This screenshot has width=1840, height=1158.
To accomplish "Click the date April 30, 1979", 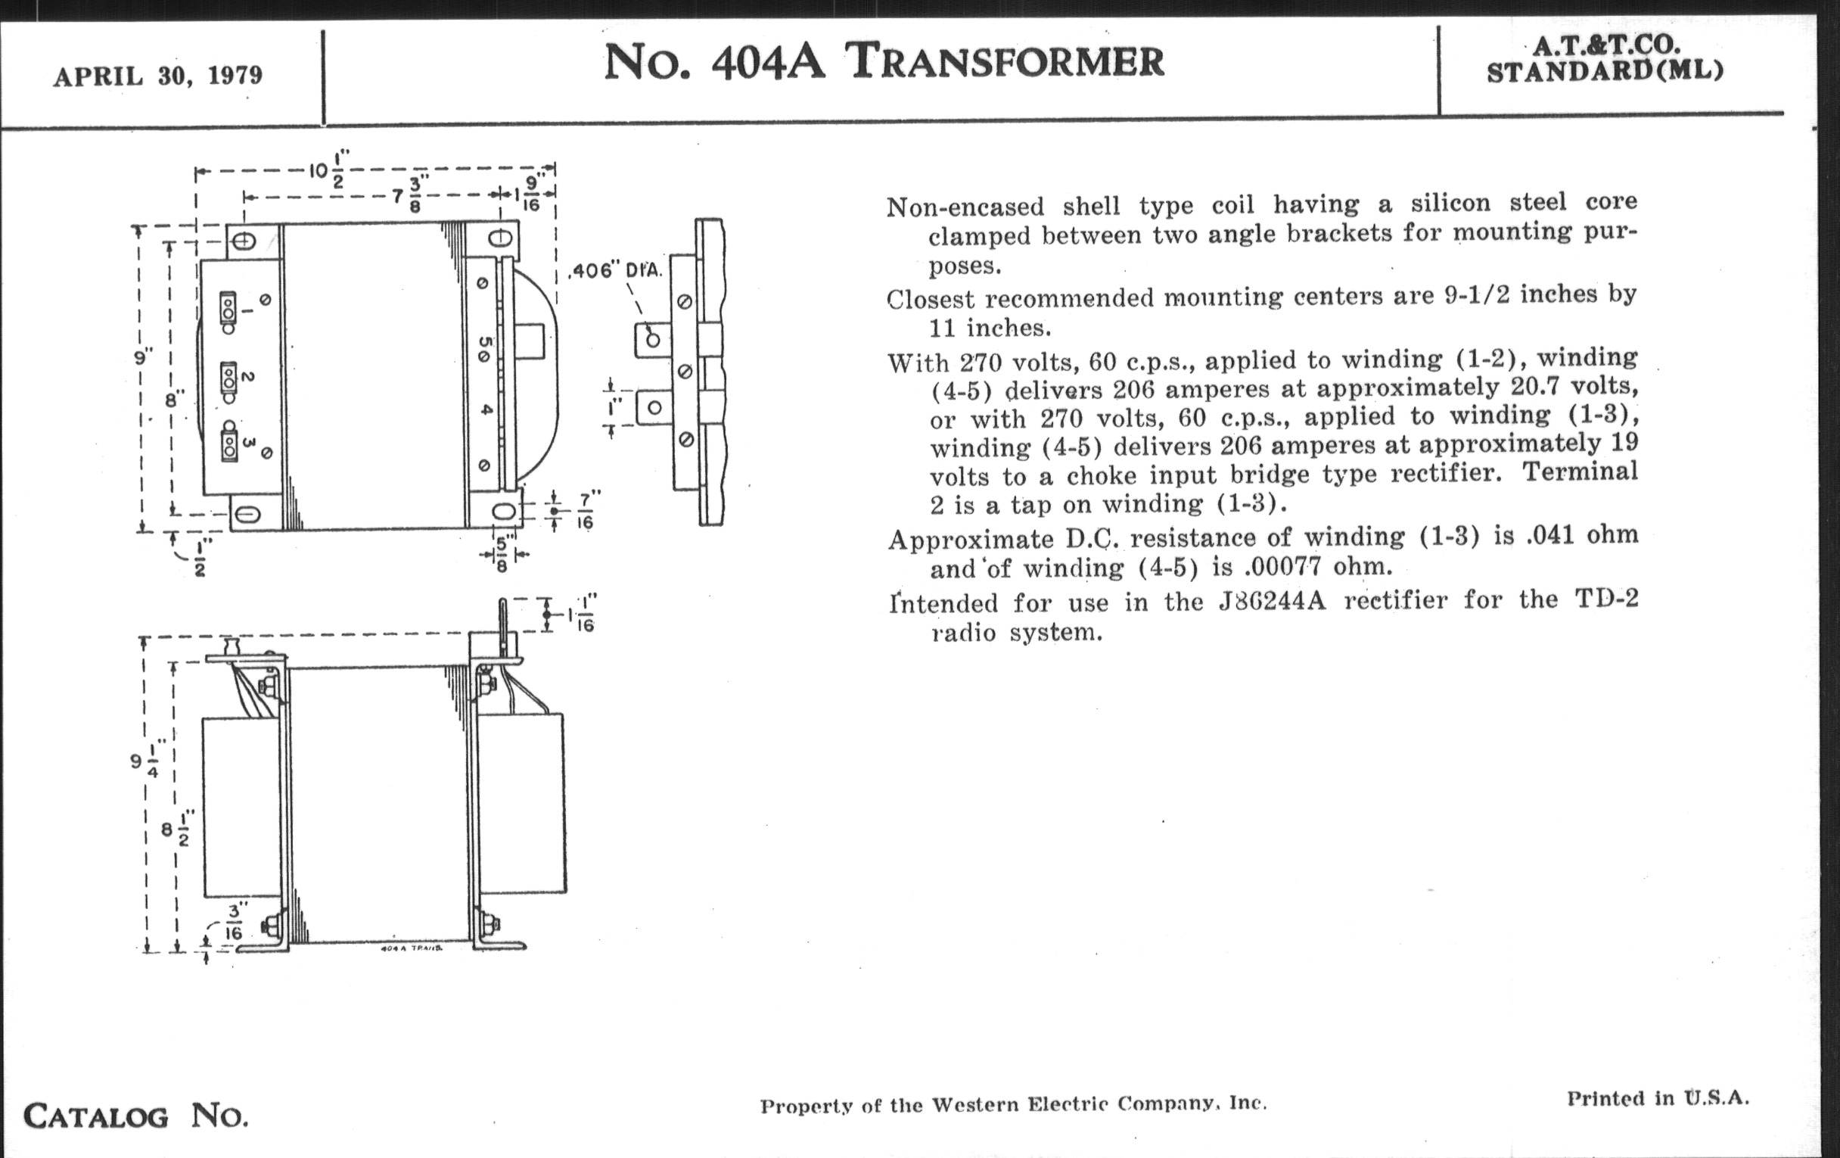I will pyautogui.click(x=157, y=76).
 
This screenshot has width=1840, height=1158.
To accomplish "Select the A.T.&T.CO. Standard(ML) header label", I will pyautogui.click(x=1605, y=59).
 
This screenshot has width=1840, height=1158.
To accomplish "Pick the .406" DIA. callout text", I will pyautogui.click(x=617, y=271).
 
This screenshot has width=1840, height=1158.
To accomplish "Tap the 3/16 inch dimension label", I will pyautogui.click(x=233, y=923).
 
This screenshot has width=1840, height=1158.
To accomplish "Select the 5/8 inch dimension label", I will pyautogui.click(x=502, y=555).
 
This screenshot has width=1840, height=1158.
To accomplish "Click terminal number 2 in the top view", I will pyautogui.click(x=247, y=377).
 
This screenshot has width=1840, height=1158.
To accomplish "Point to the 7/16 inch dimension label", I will pyautogui.click(x=585, y=511).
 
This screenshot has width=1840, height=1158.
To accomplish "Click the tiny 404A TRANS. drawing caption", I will pyautogui.click(x=412, y=948).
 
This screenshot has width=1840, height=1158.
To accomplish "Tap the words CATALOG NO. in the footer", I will pyautogui.click(x=136, y=1116).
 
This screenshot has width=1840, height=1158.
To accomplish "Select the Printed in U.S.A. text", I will pyautogui.click(x=1658, y=1098).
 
